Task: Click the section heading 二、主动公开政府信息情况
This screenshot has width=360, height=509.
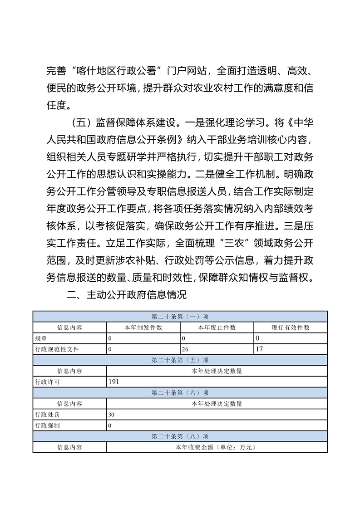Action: (x=127, y=295)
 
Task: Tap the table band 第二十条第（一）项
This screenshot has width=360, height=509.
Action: (x=180, y=316)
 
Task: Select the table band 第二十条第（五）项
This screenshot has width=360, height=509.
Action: (x=180, y=360)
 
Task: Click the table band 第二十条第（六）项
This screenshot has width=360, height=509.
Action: (x=180, y=393)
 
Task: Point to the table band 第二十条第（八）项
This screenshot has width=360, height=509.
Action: (x=180, y=436)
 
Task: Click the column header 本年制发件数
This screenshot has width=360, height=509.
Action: (x=143, y=328)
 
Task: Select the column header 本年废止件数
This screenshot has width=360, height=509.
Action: (x=217, y=328)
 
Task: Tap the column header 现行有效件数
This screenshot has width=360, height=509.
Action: (x=291, y=328)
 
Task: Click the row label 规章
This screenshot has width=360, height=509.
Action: (x=41, y=338)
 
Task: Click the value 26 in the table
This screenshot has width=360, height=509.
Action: (x=185, y=349)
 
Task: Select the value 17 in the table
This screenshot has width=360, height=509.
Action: (x=259, y=349)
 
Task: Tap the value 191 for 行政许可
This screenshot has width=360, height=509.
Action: (x=113, y=382)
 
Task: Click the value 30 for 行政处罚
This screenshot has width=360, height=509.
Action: (x=112, y=415)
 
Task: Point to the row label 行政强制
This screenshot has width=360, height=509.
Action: (x=47, y=426)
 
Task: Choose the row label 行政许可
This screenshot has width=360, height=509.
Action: (x=47, y=382)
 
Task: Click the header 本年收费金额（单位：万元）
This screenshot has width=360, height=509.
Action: (x=217, y=447)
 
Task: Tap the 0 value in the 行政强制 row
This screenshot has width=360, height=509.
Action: (x=110, y=426)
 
